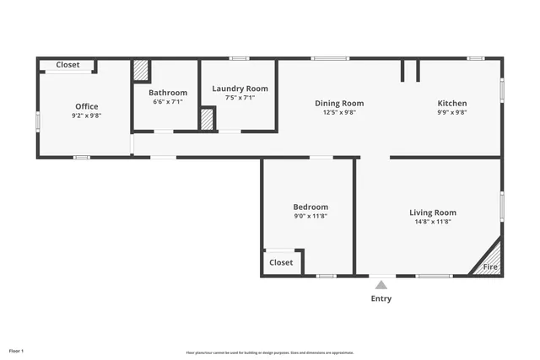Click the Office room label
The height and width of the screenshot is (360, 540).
point(86,106)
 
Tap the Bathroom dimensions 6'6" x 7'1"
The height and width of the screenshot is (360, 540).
point(168,102)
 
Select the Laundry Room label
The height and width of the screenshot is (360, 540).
point(240,88)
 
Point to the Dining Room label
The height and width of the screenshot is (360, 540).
point(339,103)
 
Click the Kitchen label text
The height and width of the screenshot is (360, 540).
point(451,103)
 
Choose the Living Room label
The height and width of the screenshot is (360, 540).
point(433,212)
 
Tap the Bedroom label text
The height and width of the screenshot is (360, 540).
point(310,207)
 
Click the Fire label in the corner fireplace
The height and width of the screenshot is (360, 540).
point(489,267)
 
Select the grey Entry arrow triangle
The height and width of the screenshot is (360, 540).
point(381,285)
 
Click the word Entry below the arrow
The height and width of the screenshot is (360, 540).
point(381,298)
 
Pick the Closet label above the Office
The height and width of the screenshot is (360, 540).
point(67,65)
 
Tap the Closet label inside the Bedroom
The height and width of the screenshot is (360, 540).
point(281,262)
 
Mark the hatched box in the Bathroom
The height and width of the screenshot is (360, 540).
point(141,70)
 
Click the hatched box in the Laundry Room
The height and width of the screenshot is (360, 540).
point(207,119)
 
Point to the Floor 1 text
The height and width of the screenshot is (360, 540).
point(16,350)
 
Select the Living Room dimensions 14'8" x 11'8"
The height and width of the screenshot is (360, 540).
point(433,222)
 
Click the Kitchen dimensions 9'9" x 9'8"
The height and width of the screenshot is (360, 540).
point(451,112)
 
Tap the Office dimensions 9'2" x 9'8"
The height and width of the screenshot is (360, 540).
point(86,116)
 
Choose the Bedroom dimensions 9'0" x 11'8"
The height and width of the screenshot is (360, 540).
point(310,216)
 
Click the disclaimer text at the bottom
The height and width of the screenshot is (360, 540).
point(270,352)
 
